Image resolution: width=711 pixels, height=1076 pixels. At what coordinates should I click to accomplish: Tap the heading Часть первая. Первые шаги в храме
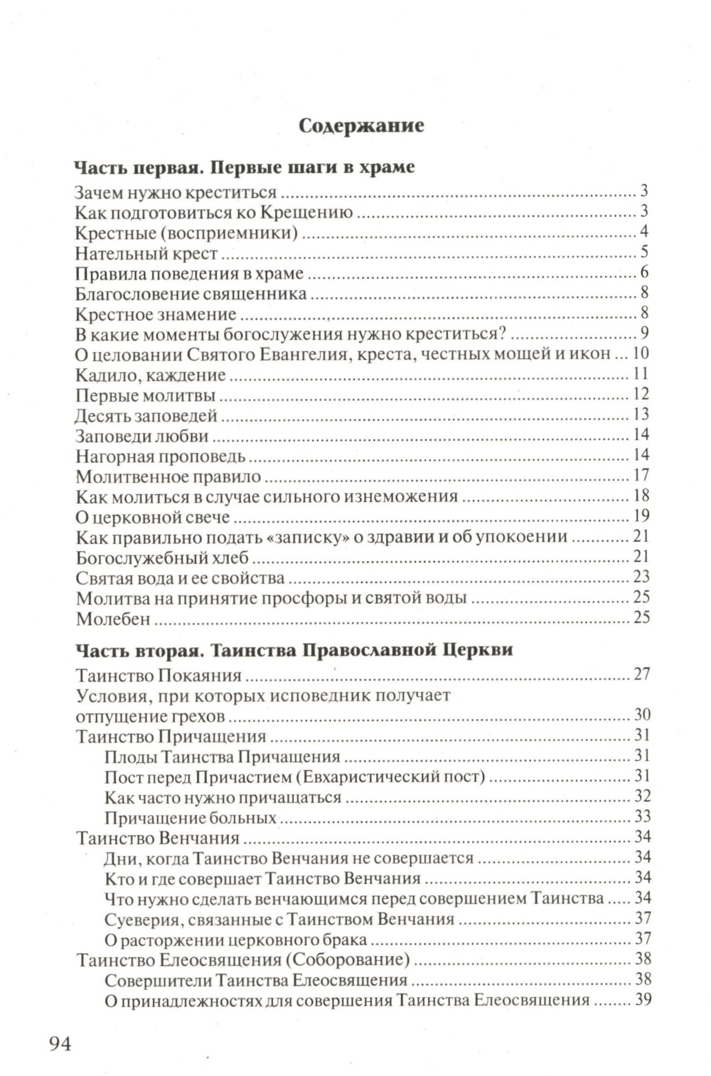pos(244,168)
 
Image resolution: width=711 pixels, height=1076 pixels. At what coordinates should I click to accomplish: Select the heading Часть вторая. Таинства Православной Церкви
pos(294,650)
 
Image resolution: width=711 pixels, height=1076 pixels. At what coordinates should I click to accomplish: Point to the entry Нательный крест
pos(146,253)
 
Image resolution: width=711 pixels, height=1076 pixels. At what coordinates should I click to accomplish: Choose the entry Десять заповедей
pos(146,416)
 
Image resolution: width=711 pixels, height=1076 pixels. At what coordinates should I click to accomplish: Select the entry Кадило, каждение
pos(150,375)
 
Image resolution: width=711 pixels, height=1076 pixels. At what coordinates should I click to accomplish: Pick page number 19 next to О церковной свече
pos(641,516)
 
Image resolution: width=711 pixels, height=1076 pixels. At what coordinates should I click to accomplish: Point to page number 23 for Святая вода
pos(641,577)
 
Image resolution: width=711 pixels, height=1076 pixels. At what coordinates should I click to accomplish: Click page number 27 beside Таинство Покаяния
pos(641,673)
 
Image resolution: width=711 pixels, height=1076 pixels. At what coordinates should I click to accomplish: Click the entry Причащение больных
pos(190,818)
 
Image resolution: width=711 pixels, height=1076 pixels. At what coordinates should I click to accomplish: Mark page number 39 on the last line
pos(643,999)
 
